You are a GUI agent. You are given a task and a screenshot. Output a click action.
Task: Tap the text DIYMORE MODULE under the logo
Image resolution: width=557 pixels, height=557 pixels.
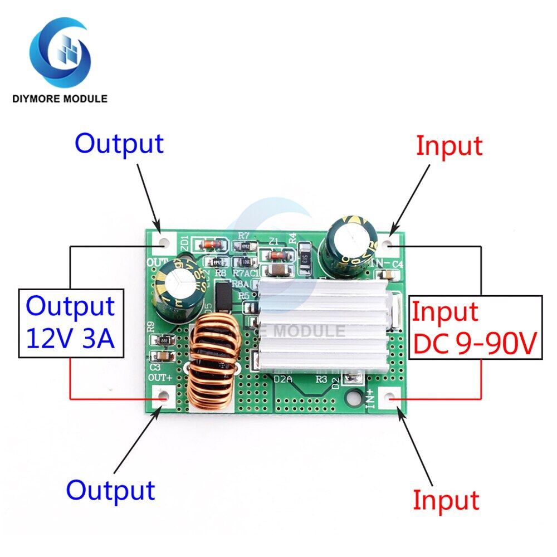(x=60, y=99)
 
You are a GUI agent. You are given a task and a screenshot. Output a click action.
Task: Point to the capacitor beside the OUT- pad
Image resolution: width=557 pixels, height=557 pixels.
(x=177, y=291)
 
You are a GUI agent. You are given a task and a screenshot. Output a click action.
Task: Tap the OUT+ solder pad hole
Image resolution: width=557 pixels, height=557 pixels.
(x=162, y=397)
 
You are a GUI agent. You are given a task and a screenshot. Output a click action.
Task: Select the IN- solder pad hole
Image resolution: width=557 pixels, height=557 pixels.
(x=393, y=243)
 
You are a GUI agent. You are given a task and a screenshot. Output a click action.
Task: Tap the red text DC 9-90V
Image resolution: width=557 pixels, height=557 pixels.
(x=475, y=344)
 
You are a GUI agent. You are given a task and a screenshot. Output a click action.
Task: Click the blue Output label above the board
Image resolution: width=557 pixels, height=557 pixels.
(x=119, y=143)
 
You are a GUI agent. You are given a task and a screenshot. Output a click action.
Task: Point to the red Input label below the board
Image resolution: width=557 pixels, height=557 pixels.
(x=446, y=499)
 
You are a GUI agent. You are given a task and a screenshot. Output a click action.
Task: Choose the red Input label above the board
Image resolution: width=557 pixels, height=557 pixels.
(x=449, y=146)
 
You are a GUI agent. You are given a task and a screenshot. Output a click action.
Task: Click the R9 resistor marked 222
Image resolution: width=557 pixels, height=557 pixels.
(x=164, y=340)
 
